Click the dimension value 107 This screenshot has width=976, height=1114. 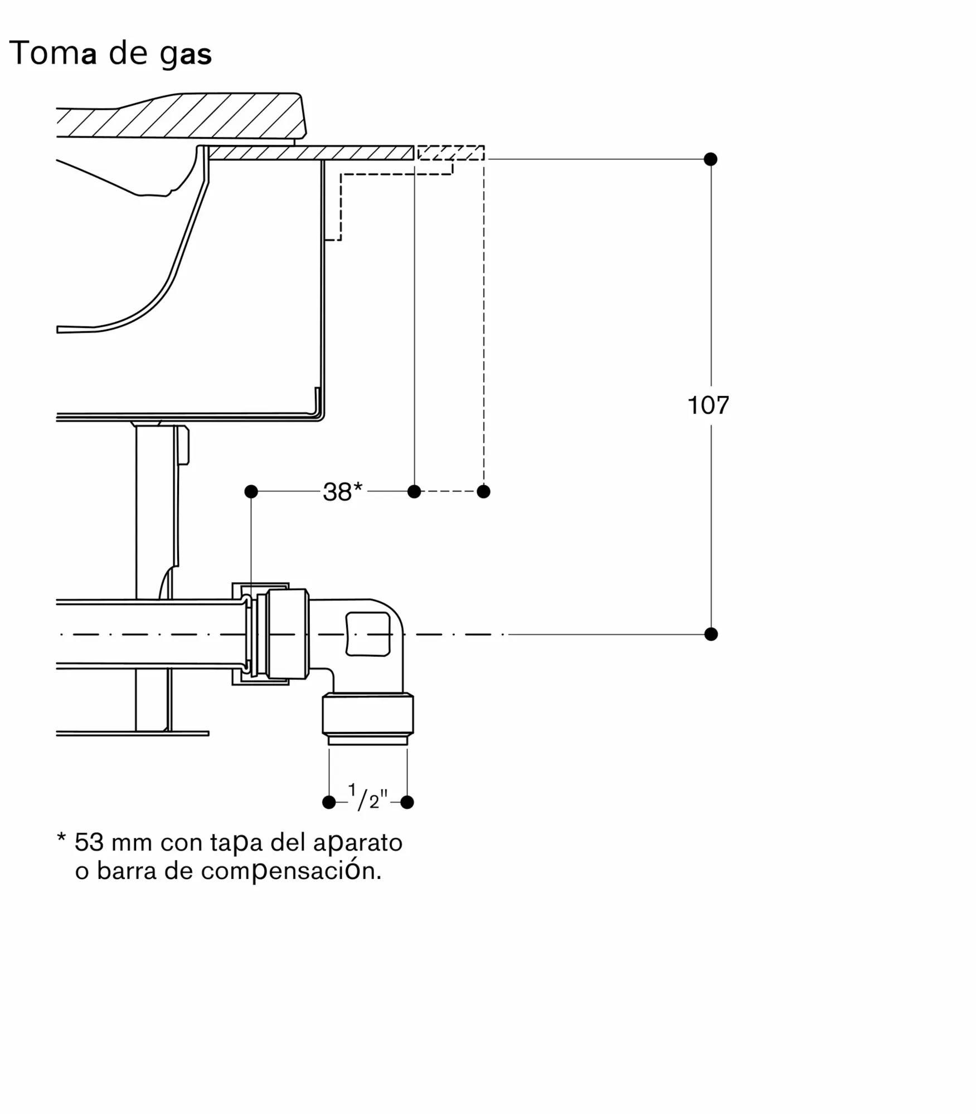(x=708, y=405)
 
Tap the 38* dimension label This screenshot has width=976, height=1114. (x=343, y=492)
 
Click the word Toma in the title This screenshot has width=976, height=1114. (x=53, y=53)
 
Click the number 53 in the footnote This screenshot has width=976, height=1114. (x=89, y=842)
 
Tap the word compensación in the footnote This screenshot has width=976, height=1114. (x=291, y=872)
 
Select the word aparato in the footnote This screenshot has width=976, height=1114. (x=358, y=843)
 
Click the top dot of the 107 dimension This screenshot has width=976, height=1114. (x=711, y=159)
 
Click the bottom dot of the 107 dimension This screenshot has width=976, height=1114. (x=711, y=634)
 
